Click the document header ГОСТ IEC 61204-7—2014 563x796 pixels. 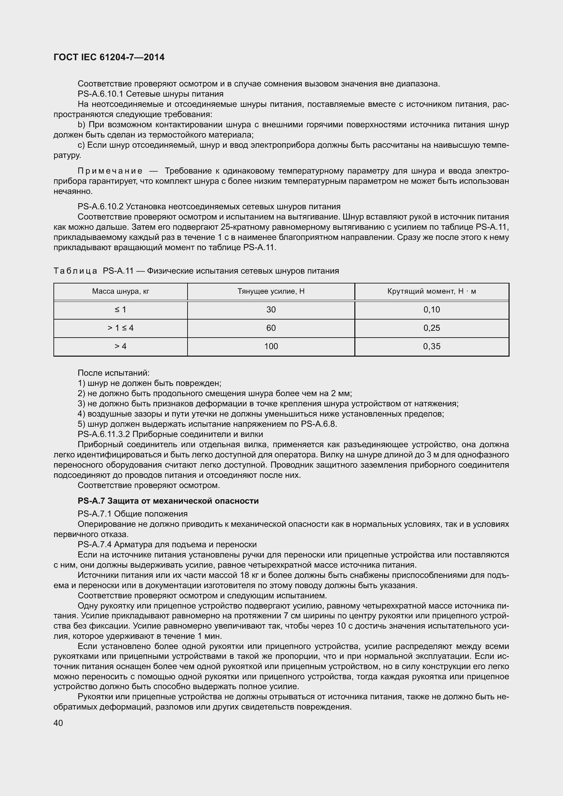coord(109,58)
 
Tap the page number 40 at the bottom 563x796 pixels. coord(58,723)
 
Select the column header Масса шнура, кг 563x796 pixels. coord(120,291)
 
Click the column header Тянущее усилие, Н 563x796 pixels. coord(271,291)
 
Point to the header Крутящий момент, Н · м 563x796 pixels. coord(432,291)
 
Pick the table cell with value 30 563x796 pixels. coord(271,310)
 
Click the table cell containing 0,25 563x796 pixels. coord(432,328)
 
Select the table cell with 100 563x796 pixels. coord(271,346)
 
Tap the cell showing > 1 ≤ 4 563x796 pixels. coord(120,328)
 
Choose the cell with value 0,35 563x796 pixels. coord(432,346)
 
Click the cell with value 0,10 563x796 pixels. coord(432,310)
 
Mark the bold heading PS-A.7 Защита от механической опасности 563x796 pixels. coord(168,501)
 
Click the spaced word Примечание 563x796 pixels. coord(110,171)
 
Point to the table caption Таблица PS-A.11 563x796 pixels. coord(94,271)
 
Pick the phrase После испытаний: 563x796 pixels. coord(113,373)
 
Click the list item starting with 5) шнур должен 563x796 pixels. coord(207,424)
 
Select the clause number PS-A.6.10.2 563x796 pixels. coord(100,207)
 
